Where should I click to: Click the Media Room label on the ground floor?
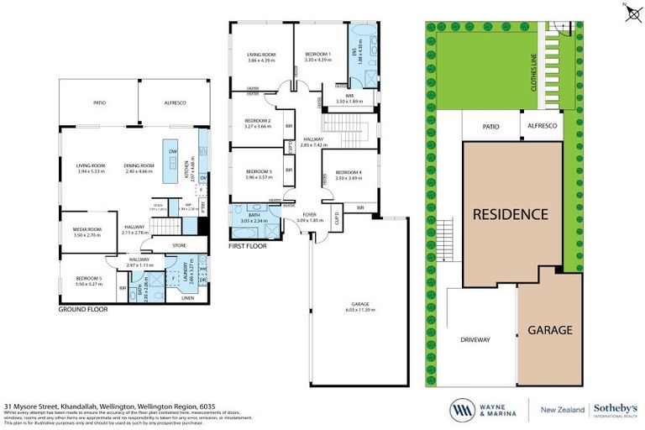[x=87, y=233]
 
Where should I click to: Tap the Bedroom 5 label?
[x=87, y=280]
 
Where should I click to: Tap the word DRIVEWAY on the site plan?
[x=475, y=338]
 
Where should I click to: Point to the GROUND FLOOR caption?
[x=83, y=309]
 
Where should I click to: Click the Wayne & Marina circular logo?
[x=461, y=409]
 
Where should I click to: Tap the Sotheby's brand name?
[x=617, y=406]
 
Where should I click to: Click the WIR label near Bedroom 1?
[x=348, y=97]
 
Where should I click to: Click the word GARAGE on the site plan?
[x=550, y=330]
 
